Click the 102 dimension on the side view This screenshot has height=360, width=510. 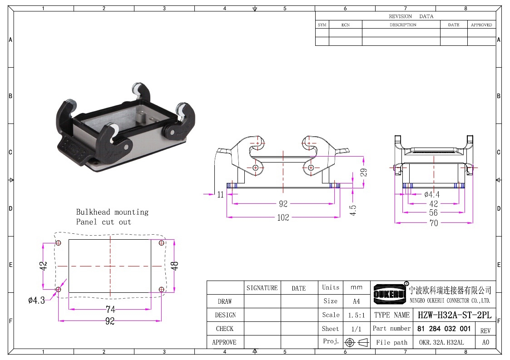(x=283, y=217)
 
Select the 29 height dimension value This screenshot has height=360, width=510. (x=364, y=172)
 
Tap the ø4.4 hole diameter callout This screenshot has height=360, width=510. (x=431, y=194)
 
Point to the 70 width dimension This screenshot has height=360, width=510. (x=434, y=223)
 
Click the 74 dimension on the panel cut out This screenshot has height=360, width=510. (x=110, y=309)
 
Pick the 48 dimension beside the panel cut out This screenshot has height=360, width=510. (x=175, y=266)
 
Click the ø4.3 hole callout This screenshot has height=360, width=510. (x=36, y=300)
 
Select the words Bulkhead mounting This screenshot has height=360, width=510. (x=112, y=212)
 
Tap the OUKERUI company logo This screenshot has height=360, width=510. (x=389, y=294)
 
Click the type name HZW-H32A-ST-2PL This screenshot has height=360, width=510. (x=455, y=315)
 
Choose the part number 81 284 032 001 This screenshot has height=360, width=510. (x=444, y=329)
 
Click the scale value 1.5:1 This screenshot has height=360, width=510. (x=357, y=315)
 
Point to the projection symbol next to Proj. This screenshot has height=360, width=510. (x=357, y=342)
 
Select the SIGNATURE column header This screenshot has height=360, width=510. (x=262, y=288)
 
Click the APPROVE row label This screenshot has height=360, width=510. (x=224, y=342)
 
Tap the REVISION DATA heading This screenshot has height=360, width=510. (x=411, y=16)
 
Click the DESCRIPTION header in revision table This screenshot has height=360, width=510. (x=403, y=25)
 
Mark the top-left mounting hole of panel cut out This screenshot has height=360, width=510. (x=59, y=242)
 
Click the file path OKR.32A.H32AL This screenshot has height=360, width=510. (x=441, y=342)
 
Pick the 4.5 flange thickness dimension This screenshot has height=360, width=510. (x=353, y=210)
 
